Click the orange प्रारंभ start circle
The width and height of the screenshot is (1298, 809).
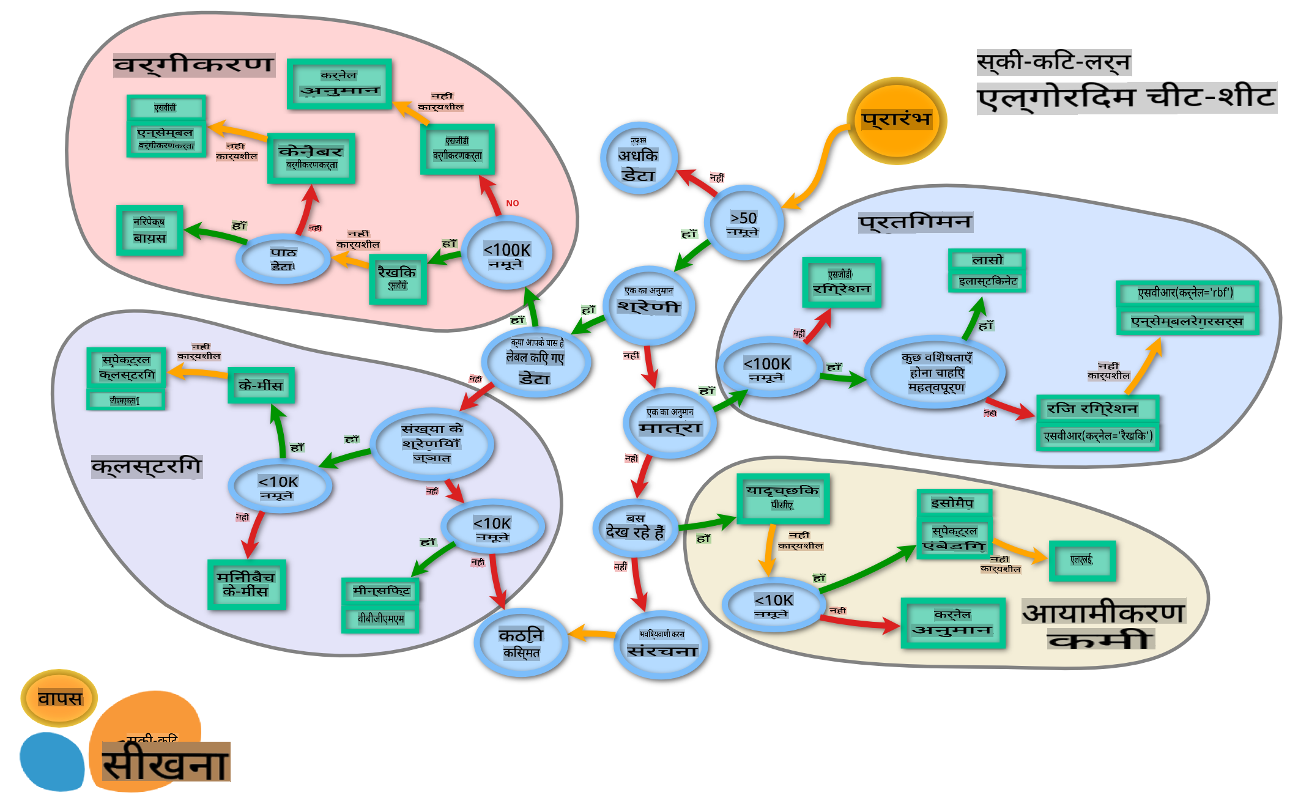coord(896,120)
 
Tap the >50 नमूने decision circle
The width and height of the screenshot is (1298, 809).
coord(743,223)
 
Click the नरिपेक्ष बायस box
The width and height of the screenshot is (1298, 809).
coord(150,230)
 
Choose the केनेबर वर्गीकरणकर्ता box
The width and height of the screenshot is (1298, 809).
coord(311,158)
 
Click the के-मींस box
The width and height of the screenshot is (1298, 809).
coord(261,385)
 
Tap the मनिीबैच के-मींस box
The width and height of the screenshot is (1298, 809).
coord(247,585)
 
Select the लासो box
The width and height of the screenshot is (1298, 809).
coord(987,260)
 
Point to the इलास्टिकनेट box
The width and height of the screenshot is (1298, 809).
coord(987,281)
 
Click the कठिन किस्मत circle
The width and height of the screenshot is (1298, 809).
coord(521,643)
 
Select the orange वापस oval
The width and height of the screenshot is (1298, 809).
coord(59,698)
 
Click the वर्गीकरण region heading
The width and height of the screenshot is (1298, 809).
coord(194,65)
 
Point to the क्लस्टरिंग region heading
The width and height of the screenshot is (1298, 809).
coord(146,467)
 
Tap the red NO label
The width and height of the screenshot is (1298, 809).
coord(513,203)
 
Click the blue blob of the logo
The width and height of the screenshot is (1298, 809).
coord(52,761)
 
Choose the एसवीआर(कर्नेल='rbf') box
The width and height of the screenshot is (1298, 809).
coord(1187,293)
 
